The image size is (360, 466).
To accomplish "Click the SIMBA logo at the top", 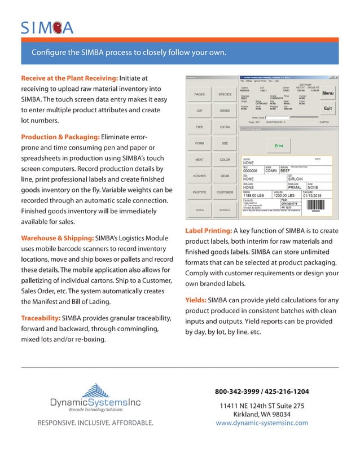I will pos(47,27).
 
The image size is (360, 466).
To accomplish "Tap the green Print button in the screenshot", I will pos(279,146).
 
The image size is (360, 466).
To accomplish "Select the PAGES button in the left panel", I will pos(199,94).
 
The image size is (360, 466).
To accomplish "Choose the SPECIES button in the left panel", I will pos(225,94).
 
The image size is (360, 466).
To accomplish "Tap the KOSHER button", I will pos(199,176).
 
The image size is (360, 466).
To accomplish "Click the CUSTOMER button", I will pos(225,192).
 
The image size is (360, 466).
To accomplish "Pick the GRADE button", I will pos(225,111).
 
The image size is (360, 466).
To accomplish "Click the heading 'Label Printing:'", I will pos(208,231).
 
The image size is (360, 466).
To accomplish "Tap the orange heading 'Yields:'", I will pos(195,300).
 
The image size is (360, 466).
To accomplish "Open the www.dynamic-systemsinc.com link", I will pos(262,423).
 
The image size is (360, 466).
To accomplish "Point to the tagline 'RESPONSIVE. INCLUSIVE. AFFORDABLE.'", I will pos(95,423).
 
